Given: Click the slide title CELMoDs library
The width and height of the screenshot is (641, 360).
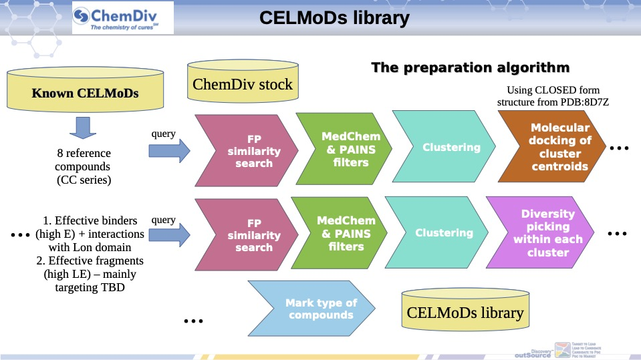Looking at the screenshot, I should click(334, 18).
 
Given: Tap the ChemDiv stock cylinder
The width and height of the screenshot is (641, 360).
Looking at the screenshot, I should click(243, 83).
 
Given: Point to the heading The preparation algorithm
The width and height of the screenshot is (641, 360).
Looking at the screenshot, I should click(470, 67).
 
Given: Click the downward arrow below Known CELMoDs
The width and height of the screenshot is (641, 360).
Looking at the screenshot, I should click(85, 126).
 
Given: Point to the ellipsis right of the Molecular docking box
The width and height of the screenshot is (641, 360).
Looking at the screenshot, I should click(618, 147).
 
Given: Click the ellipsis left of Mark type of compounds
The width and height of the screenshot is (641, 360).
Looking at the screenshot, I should click(193, 322).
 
